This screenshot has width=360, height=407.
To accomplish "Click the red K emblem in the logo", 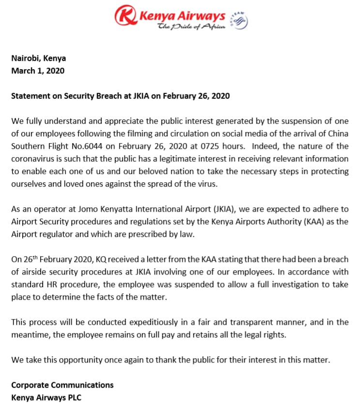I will pos(125,15).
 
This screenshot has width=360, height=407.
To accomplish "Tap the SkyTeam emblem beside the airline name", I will pos(240,20).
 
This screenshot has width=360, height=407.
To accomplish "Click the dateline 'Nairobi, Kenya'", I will pos(38,58).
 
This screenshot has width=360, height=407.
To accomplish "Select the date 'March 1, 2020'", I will pos(38,71).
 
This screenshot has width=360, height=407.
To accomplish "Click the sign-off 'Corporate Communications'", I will pos(62,385).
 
